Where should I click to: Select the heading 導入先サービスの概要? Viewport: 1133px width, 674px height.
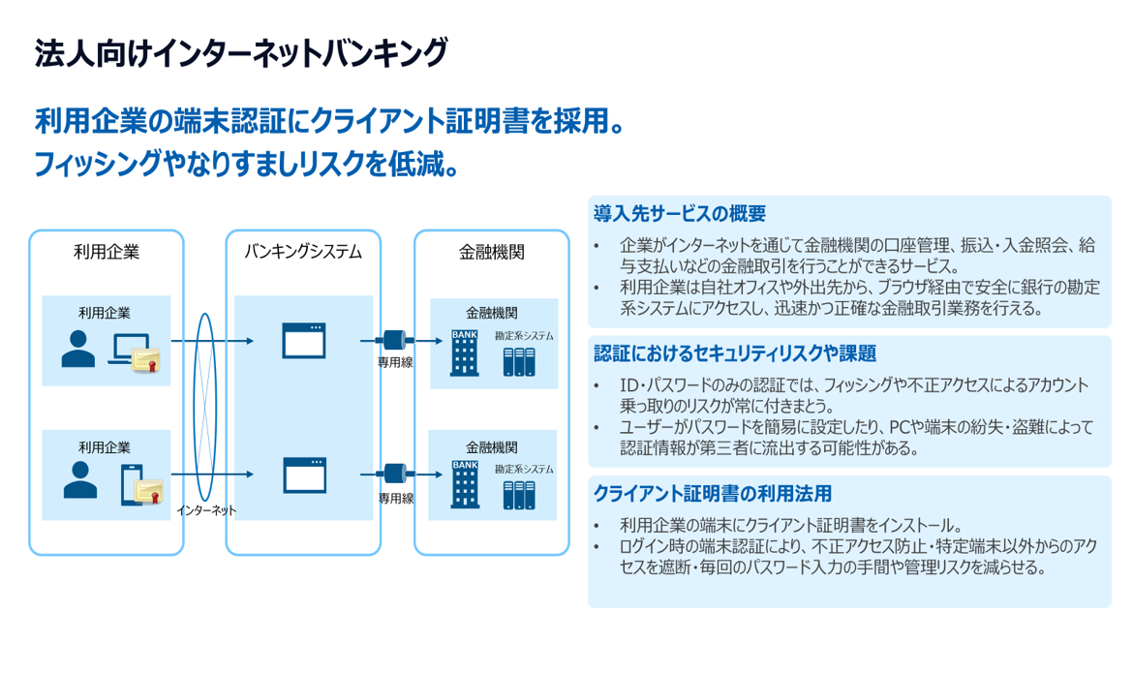(680, 213)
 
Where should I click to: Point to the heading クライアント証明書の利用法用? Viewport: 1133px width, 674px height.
(712, 493)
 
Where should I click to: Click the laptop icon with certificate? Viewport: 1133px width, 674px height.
(135, 353)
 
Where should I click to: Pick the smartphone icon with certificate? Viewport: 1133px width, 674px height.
(138, 484)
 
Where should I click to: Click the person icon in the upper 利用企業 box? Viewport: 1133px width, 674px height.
(78, 350)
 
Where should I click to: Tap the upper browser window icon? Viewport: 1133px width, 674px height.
(303, 341)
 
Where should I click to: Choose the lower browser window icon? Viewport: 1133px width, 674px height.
(303, 475)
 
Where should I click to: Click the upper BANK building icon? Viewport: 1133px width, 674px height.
(466, 352)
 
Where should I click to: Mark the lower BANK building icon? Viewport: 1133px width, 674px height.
(466, 484)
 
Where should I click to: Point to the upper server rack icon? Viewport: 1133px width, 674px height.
(518, 361)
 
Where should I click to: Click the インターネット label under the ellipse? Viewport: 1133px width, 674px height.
(206, 509)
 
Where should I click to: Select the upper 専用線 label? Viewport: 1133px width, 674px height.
(395, 364)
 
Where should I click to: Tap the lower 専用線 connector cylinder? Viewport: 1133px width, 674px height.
(394, 475)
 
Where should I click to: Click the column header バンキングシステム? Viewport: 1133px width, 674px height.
(303, 252)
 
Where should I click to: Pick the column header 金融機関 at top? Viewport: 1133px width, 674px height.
(492, 252)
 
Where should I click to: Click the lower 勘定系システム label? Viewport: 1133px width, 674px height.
(524, 469)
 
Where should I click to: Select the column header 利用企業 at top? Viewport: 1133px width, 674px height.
(107, 252)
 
